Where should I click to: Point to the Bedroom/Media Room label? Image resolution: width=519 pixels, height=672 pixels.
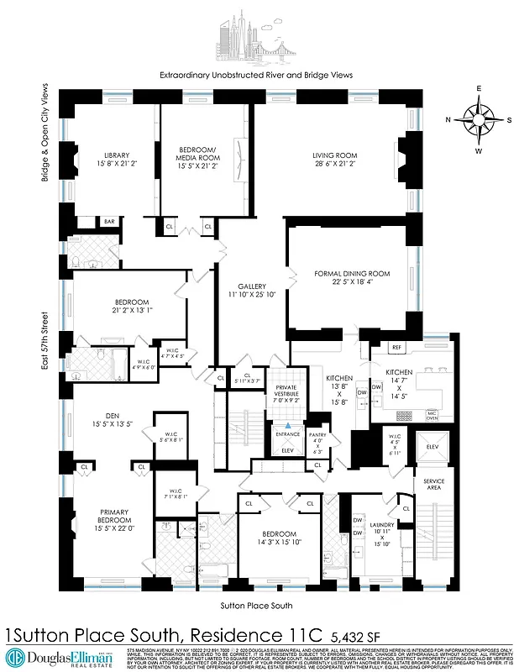(x=198, y=157)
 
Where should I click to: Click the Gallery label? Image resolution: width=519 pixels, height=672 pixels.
(x=251, y=291)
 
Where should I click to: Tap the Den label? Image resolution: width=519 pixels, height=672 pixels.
(x=107, y=417)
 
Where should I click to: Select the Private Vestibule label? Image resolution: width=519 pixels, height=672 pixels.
(x=287, y=392)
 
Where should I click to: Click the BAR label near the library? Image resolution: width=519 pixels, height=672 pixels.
(x=109, y=222)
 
